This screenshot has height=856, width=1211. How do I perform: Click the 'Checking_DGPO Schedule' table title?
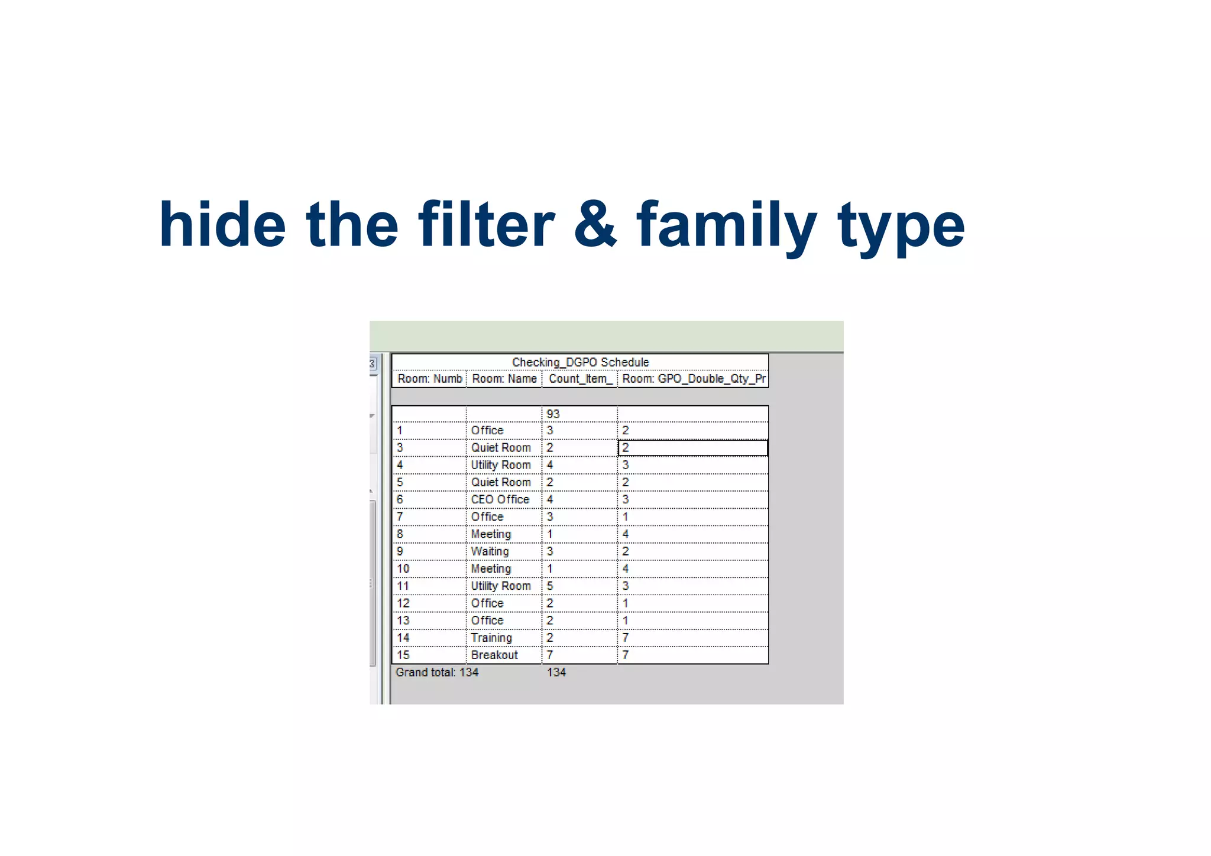[580, 362]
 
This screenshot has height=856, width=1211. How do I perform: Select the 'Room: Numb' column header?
[429, 379]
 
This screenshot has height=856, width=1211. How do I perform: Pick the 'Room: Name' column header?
[504, 379]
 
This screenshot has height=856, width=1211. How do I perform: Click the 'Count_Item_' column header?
[579, 379]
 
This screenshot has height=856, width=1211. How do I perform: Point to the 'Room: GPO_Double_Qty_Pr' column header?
[693, 379]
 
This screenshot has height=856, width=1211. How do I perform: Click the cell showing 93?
[553, 414]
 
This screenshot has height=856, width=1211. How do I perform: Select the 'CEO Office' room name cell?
[500, 500]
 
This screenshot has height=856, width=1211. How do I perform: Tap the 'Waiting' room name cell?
[490, 551]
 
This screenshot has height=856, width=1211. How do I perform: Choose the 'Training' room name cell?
[491, 638]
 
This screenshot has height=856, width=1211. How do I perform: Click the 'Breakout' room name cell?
[494, 655]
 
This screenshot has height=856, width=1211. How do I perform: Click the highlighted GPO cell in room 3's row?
[692, 448]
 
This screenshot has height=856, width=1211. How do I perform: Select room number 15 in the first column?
[403, 655]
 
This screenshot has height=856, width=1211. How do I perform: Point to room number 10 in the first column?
[403, 568]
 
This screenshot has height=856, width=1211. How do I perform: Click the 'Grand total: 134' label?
[437, 673]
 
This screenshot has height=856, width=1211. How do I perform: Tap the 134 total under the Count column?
[556, 673]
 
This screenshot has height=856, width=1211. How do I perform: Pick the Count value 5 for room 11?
[550, 586]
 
